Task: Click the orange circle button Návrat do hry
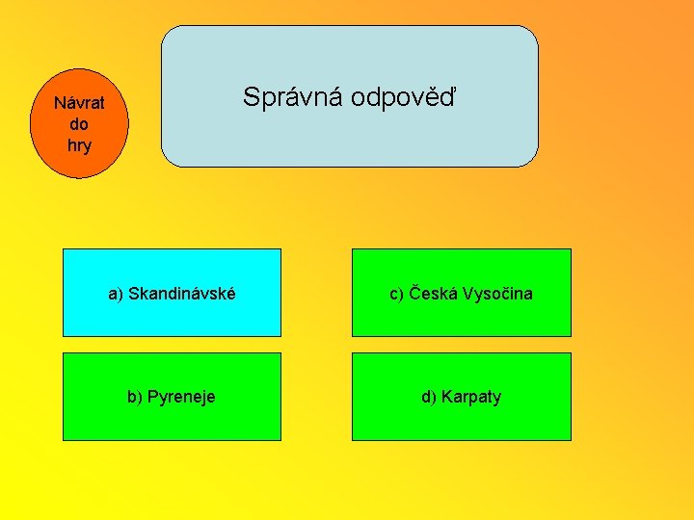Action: pos(79,125)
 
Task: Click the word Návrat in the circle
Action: pos(79,102)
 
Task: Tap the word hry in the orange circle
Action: pos(79,145)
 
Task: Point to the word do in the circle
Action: pos(79,124)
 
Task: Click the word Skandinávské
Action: pos(182,293)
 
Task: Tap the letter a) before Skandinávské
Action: pos(116,293)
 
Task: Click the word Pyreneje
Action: pos(182,397)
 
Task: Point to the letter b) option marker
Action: pos(136,397)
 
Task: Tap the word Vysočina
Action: pos(496,293)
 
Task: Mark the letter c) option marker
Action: pos(396,293)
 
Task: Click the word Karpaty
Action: pos(471,397)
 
